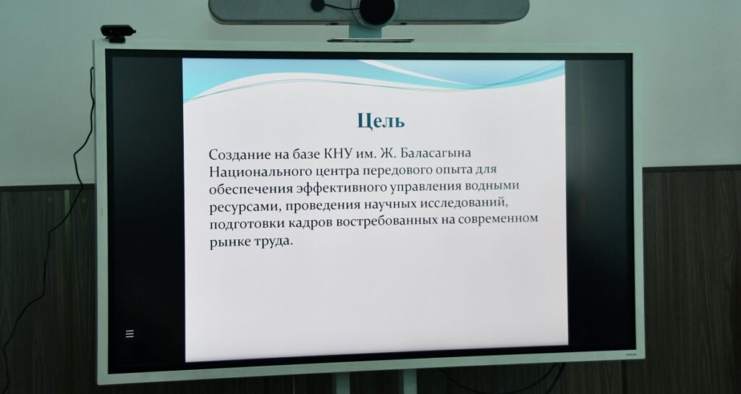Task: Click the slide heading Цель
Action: [x=381, y=121]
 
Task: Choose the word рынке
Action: [x=225, y=242]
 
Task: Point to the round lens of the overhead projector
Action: [x=376, y=10]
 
